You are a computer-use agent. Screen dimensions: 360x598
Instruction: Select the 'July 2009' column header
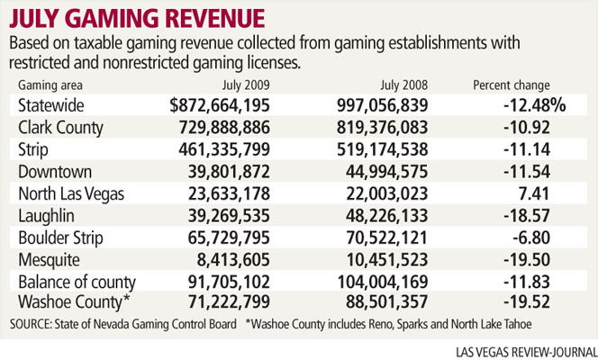pos(246,85)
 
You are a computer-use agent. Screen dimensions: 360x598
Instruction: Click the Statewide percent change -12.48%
pos(534,105)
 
